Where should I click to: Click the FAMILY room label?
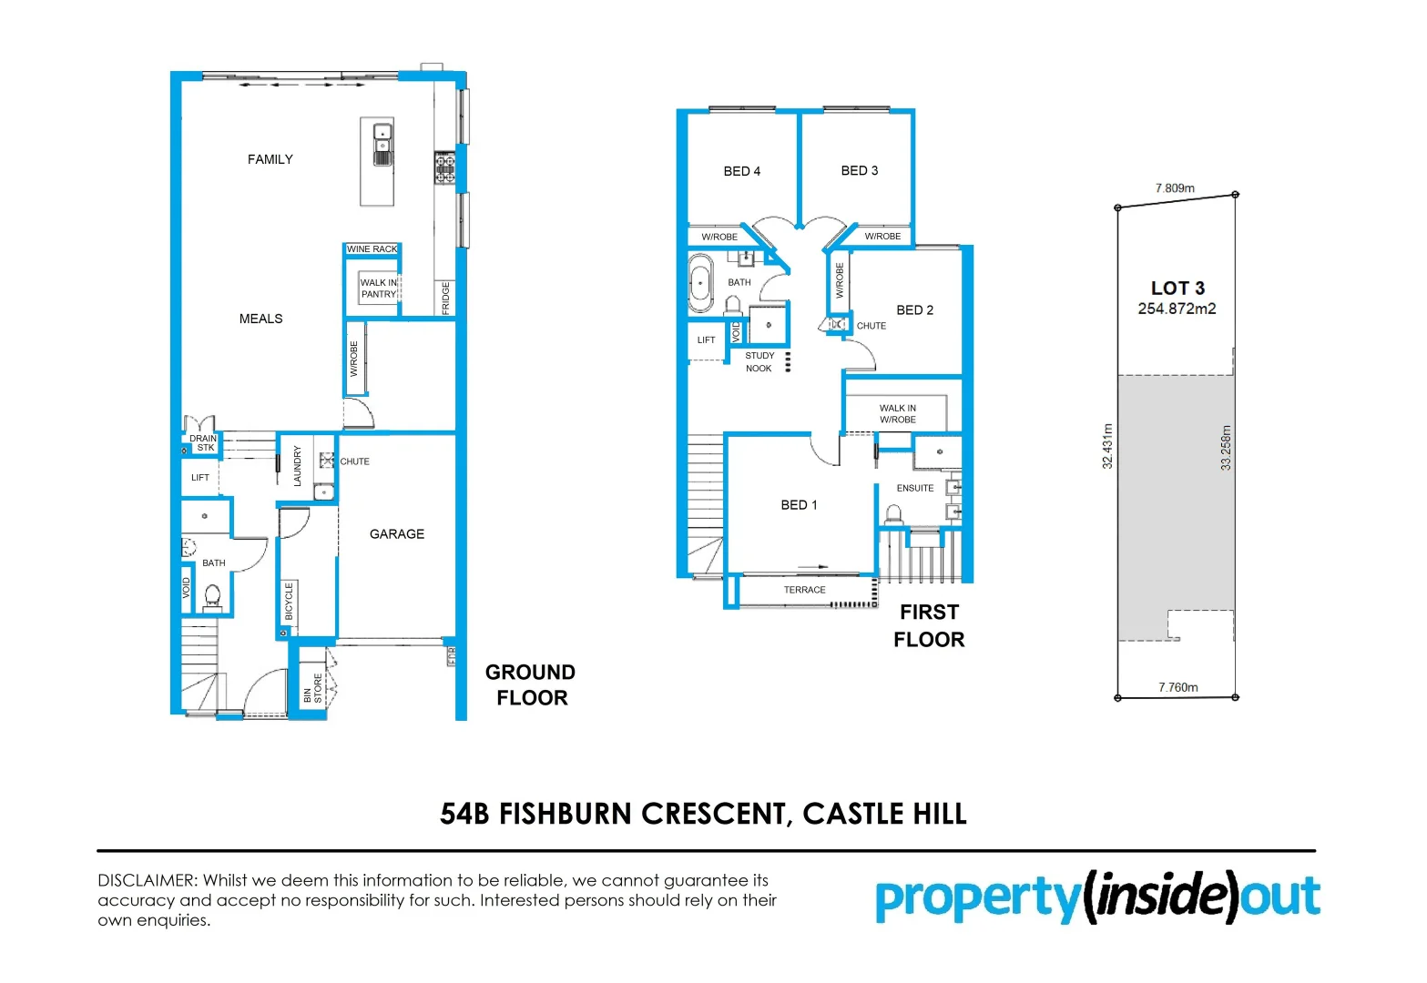tap(270, 159)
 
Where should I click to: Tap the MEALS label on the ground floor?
tap(260, 319)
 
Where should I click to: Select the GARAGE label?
tap(397, 534)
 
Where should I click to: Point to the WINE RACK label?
tap(372, 248)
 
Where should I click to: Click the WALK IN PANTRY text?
tap(379, 289)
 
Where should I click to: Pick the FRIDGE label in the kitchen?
tap(446, 299)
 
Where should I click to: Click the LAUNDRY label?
tap(298, 465)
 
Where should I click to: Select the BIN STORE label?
tap(312, 689)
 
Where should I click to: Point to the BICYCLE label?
tap(290, 602)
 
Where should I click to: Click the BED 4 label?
tap(742, 171)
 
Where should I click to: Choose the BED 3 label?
tap(860, 170)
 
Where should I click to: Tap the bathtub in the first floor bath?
tap(700, 283)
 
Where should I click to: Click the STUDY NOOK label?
tap(759, 362)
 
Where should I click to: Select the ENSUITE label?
tap(915, 488)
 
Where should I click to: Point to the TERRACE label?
tap(805, 590)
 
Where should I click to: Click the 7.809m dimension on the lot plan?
tap(1175, 188)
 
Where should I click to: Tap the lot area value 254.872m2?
tap(1177, 309)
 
